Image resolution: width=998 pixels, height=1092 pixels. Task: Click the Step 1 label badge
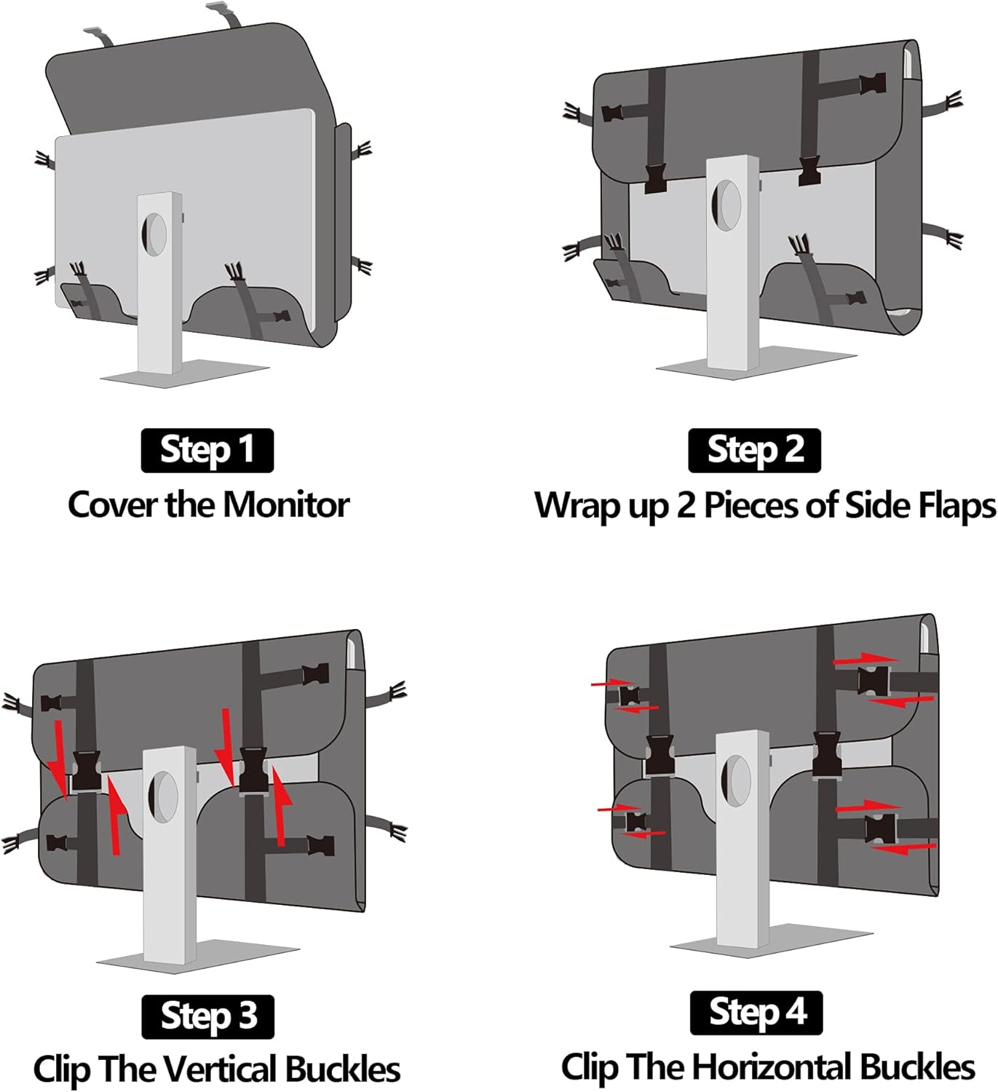(207, 450)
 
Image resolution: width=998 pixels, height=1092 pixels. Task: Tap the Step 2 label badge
(755, 450)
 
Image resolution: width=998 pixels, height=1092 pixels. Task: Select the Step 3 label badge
(207, 1016)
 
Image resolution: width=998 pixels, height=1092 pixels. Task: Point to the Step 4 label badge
(756, 1013)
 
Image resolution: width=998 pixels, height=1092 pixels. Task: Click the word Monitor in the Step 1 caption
(286, 505)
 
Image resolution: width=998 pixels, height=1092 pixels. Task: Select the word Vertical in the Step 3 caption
(221, 1069)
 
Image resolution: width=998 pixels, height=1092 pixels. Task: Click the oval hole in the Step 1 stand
(154, 234)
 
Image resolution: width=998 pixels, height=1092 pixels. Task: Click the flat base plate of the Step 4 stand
(772, 939)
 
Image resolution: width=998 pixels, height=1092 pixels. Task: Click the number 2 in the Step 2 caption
(686, 505)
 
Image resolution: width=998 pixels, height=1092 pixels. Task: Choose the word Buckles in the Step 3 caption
(343, 1069)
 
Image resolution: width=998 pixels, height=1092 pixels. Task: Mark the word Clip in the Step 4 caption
(590, 1067)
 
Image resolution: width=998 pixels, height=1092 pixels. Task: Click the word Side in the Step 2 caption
(872, 505)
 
